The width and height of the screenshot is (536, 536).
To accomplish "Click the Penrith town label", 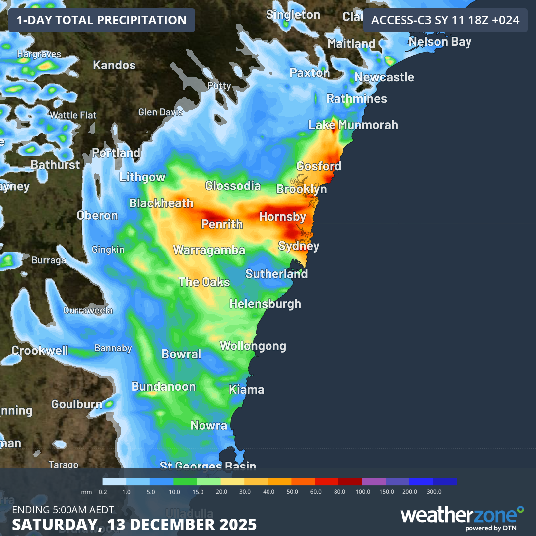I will coord(222,224).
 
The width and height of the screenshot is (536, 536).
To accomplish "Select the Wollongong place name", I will coord(253,346).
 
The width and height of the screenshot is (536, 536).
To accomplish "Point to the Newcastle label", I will coord(384,77).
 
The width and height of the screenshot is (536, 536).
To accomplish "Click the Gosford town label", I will coord(319,166).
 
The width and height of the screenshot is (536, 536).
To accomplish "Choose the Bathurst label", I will coord(55,164).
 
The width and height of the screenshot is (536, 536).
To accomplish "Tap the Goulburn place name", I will coord(76,404).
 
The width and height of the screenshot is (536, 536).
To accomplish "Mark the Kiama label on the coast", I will coord(246,390).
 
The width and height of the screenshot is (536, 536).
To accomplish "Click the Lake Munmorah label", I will coord(353,125).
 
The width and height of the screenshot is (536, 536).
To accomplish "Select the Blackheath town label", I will coord(161,203).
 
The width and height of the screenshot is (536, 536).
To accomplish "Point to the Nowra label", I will coord(209,425).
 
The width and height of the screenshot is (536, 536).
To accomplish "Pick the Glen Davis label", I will coord(161,112).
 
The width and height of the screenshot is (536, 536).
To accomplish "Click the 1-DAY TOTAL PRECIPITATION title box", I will coord(102,20).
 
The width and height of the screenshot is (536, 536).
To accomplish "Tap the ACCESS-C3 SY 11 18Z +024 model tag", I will coord(445,20).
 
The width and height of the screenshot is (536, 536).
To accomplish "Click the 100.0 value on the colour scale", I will coord(363,491).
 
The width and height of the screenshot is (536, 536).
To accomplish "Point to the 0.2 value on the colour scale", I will coord(103,491).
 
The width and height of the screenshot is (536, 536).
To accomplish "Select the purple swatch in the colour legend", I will coord(374,481).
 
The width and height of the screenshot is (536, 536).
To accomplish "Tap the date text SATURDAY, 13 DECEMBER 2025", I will coord(134,524).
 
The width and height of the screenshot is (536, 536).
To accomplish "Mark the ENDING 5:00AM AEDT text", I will coord(63,510).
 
